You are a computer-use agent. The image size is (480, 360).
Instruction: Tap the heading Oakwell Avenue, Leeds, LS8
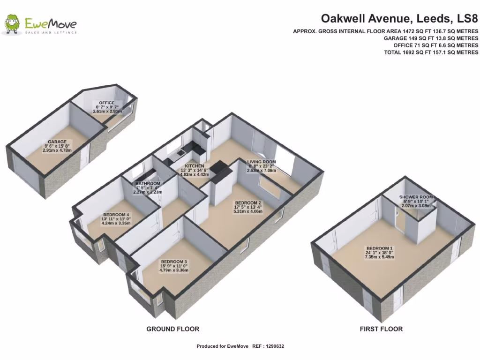399,19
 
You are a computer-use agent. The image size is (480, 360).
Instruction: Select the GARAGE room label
57,142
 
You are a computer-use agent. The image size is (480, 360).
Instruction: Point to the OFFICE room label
106,103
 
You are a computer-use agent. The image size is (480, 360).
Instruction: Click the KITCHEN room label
194,166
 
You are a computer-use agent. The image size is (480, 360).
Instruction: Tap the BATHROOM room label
148,183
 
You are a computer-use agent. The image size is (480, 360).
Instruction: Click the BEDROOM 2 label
248,203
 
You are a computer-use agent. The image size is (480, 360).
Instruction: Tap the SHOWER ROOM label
416,197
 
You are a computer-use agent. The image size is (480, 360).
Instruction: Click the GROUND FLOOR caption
172,329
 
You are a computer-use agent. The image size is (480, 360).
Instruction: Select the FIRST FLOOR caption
381,329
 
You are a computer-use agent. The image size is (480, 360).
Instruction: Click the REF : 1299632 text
268,346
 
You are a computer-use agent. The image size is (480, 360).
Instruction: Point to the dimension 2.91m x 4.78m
57,151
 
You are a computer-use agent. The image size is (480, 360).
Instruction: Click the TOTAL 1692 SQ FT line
431,52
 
